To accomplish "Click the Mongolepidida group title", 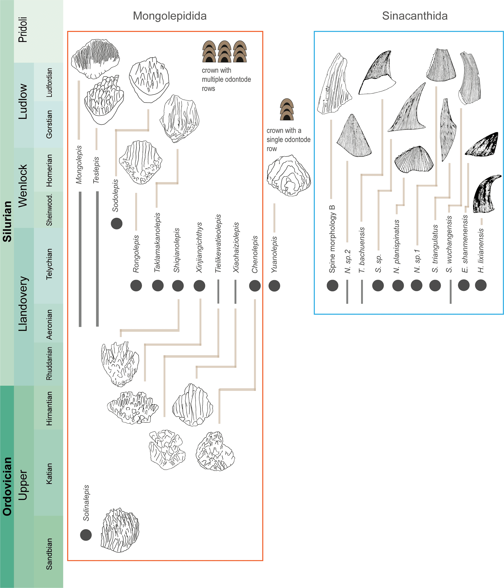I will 170,16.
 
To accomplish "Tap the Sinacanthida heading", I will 415,16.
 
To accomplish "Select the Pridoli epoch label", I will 23,30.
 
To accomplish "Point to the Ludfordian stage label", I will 49,83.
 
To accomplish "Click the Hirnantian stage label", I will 49,408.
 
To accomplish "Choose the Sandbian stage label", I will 49,554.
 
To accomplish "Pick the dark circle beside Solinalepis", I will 86,535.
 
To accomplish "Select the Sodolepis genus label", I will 115,195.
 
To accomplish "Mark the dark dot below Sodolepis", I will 116,224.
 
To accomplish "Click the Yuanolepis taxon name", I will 274,255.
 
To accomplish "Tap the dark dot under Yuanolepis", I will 274,285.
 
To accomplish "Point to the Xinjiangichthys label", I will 199,247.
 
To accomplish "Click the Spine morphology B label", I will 332,239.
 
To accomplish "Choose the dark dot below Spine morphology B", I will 332,285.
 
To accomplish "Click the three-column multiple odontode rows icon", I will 224,51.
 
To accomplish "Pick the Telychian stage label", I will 49,264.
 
